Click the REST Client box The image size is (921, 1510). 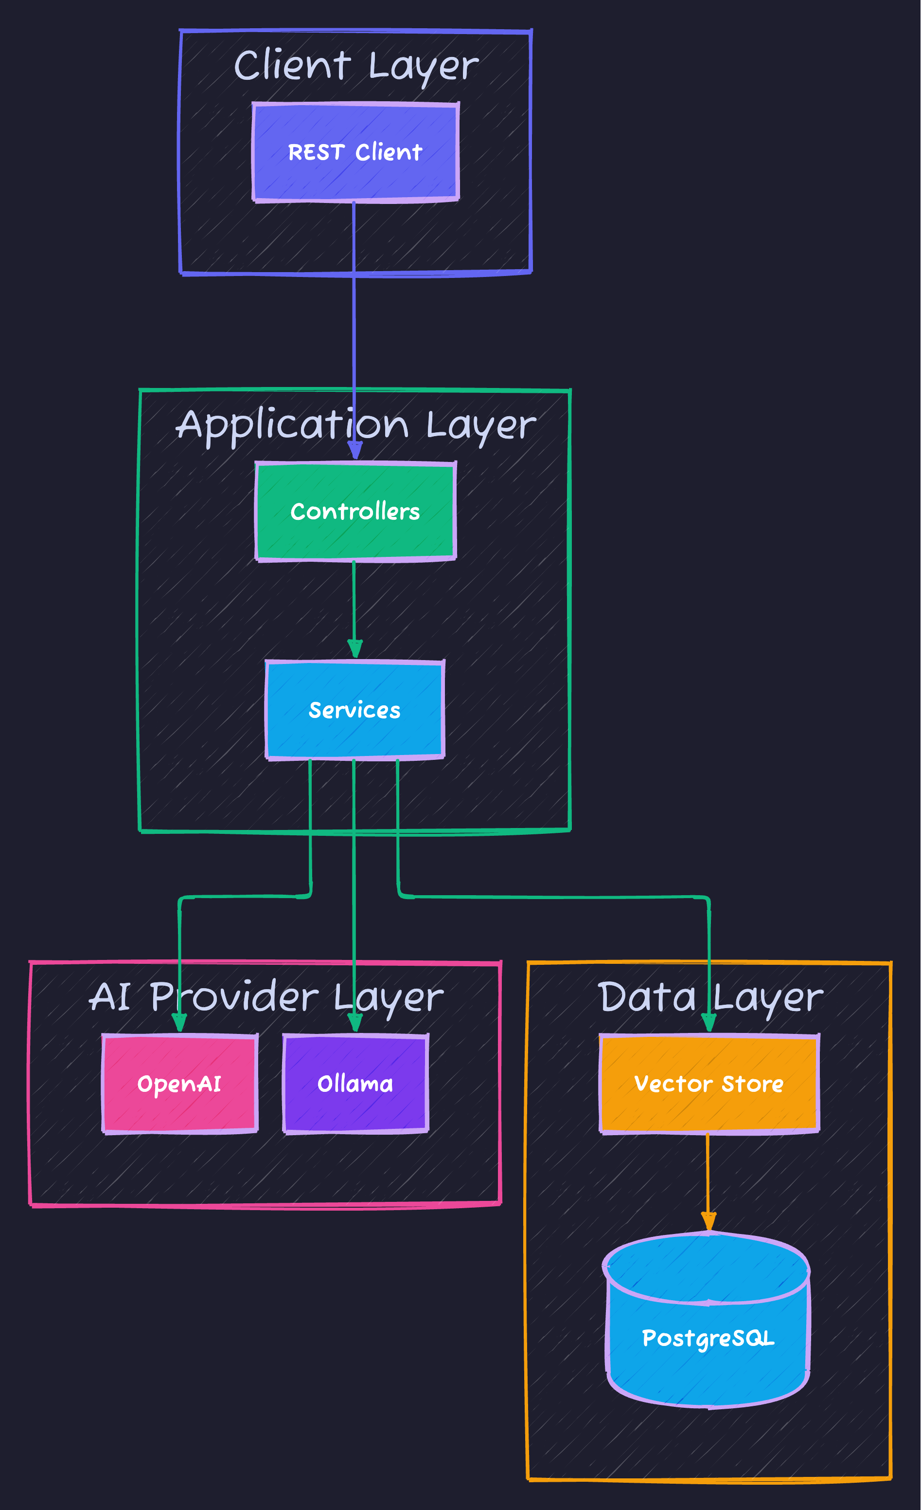click(x=355, y=152)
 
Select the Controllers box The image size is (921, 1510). click(x=355, y=511)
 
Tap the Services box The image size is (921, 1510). click(x=354, y=710)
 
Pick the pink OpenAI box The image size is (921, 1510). click(x=179, y=1084)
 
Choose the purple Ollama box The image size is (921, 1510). click(x=355, y=1084)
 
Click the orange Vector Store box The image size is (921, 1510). click(x=708, y=1084)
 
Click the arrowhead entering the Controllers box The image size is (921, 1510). click(x=354, y=450)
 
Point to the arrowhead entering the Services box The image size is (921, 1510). click(x=354, y=648)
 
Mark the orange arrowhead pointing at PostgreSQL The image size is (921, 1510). click(x=708, y=1221)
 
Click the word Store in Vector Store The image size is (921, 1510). click(x=753, y=1084)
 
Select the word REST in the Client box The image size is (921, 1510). click(x=316, y=152)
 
